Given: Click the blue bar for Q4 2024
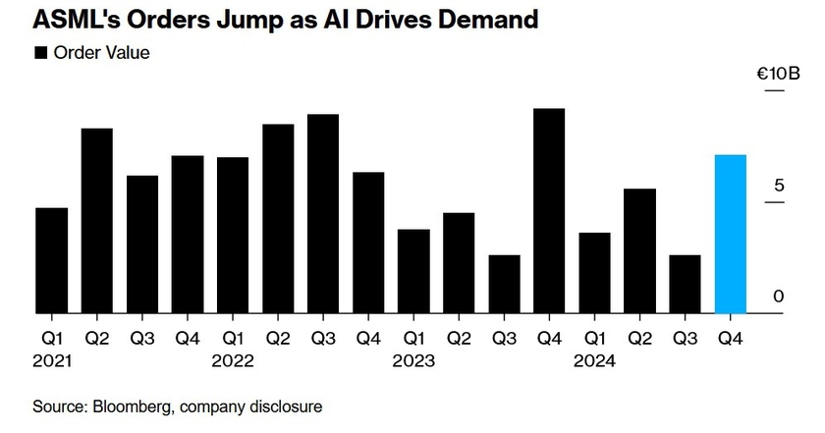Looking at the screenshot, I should [730, 235].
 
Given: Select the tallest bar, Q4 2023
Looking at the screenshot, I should [549, 211].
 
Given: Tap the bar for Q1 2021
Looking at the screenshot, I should [51, 261].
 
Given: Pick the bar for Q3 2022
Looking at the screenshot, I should [323, 214].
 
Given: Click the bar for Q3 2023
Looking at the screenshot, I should [504, 285].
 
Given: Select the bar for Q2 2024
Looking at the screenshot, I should [639, 251].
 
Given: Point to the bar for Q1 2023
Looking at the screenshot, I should [413, 272].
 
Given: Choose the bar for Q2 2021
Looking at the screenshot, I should [96, 221].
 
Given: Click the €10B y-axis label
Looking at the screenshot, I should [777, 75].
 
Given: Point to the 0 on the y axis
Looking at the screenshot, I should [776, 297].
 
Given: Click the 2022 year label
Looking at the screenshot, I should [233, 361].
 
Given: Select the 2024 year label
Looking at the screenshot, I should [594, 361].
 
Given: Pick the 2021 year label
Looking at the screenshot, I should [51, 361].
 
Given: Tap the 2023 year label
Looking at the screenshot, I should [413, 361].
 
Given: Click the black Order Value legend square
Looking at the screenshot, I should [41, 53].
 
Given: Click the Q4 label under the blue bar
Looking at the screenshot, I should [730, 338].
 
